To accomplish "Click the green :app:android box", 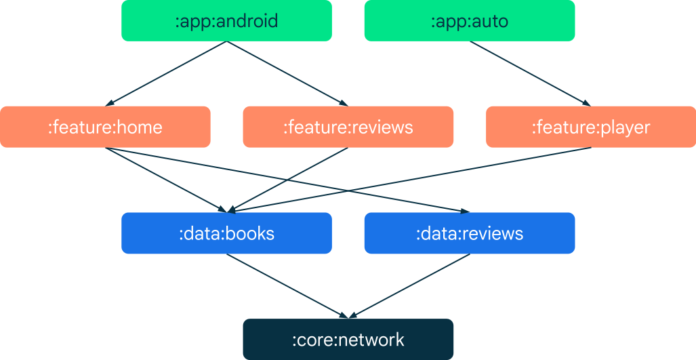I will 226,20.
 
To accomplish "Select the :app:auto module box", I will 469,20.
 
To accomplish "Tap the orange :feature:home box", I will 105,127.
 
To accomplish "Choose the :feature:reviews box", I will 348,127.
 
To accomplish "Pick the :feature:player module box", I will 590,127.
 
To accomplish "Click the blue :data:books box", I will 226,233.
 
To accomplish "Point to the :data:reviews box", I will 469,233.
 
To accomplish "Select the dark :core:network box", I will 348,339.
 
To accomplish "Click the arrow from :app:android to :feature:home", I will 166,73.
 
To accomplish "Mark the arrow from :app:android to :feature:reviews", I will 287,73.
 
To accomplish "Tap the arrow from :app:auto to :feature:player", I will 530,73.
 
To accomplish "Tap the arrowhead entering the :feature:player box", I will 586,104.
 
